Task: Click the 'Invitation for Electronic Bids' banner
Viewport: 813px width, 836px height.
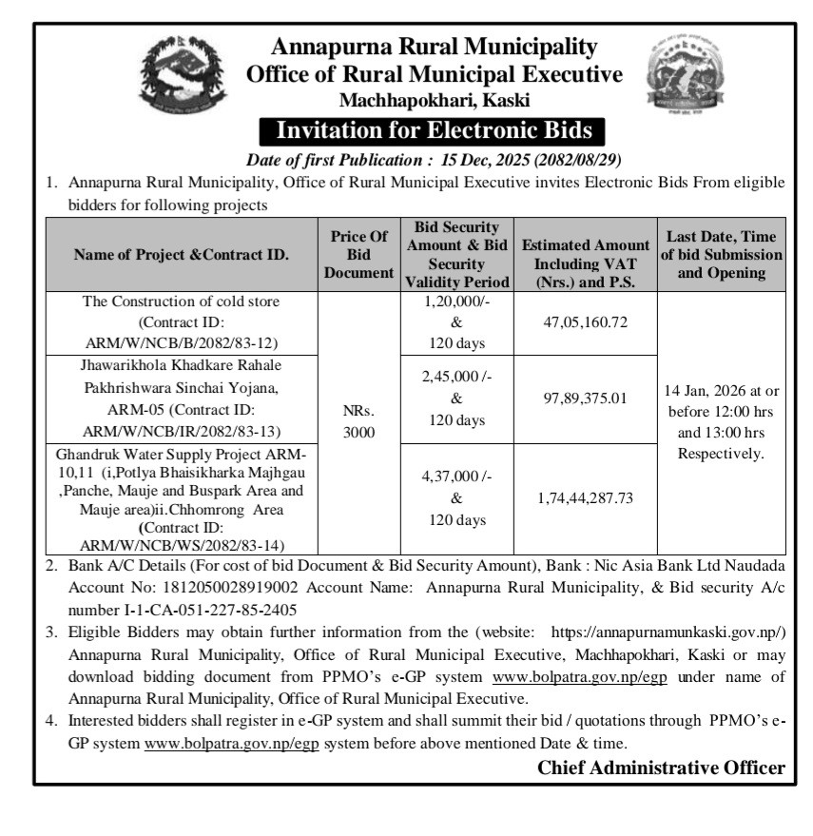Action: [433, 130]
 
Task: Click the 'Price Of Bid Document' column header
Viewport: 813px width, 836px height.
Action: [358, 255]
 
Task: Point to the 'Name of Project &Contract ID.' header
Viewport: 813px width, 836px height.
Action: [181, 255]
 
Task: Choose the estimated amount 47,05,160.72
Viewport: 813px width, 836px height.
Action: [585, 322]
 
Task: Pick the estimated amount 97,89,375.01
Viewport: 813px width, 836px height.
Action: [585, 399]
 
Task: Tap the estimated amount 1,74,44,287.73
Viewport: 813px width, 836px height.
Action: [585, 497]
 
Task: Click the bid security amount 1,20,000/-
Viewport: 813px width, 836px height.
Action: [456, 302]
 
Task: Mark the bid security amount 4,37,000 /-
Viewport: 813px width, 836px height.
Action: [456, 476]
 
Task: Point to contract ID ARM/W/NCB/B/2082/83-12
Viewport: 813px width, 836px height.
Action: [181, 343]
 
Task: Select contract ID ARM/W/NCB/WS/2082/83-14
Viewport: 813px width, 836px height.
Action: [181, 545]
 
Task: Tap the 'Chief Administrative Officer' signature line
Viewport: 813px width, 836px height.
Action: [661, 768]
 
